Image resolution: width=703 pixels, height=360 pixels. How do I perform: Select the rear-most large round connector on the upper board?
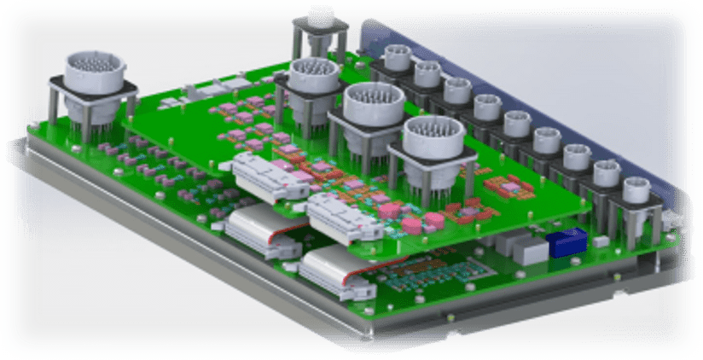pyautogui.click(x=313, y=75)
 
